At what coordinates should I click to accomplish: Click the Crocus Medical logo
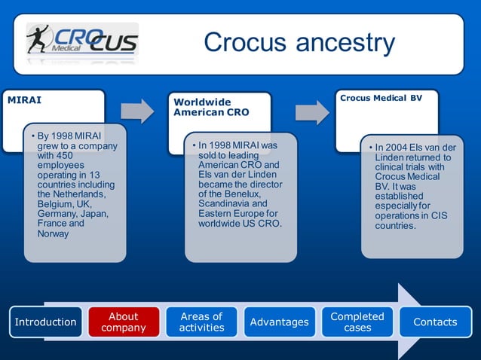coord(82,41)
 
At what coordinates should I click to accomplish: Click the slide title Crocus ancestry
coord(299,42)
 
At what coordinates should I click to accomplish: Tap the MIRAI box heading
coord(25,100)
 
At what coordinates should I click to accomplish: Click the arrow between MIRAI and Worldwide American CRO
coord(137,111)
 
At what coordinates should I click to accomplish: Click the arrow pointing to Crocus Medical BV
coord(311,111)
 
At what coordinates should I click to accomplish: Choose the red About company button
coord(124,322)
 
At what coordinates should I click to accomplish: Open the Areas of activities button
coord(201,322)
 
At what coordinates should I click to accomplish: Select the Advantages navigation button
coord(279,322)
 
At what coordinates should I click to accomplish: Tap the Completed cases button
coord(357,322)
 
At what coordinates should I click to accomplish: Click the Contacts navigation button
coord(435,322)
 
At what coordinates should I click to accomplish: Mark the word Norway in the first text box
coord(54,233)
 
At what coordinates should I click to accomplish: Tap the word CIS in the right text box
coord(438,215)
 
